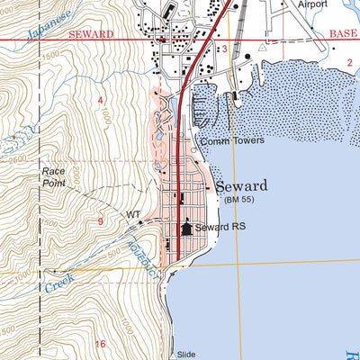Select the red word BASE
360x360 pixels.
click(344, 32)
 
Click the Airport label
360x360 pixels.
click(315, 4)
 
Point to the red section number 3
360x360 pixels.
click(224, 49)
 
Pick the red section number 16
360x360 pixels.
click(101, 344)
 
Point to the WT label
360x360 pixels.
click(133, 215)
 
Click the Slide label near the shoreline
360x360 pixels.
click(186, 354)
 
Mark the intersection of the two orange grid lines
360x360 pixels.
click(238, 264)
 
